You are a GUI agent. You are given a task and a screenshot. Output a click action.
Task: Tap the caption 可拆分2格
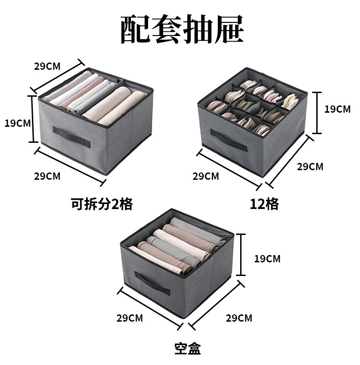coord(102,203)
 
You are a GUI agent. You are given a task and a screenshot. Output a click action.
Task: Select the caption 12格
coord(264,204)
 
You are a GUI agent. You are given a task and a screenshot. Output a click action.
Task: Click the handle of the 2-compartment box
coord(72,136)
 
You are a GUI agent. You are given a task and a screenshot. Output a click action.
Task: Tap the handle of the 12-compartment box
coord(228,141)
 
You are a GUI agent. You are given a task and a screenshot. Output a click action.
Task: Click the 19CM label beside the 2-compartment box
coord(17,123)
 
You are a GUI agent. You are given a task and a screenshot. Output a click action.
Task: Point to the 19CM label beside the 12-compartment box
coord(338,109)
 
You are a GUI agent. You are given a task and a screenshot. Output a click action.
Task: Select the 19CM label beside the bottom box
coord(267,259)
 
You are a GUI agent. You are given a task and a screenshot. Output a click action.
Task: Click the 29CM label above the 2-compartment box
coord(47,66)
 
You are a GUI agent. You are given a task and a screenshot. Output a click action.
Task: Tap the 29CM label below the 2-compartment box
coord(47,176)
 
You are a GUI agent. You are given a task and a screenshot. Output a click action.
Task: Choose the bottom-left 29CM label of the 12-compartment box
coord(206,176)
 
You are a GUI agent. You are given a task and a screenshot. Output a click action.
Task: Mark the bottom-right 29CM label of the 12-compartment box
coord(310,167)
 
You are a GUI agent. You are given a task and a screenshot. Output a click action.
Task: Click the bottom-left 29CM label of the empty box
coord(129,318)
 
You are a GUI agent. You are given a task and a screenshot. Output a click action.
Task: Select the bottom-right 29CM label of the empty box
coord(239,318)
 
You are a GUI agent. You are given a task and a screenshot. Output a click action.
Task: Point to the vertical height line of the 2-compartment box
coord(33,119)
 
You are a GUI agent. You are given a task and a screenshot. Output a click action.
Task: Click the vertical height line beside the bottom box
coord(241,255)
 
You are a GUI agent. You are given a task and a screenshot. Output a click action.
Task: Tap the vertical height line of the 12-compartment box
coord(313,112)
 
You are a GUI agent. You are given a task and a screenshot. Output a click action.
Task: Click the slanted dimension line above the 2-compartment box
coord(57,75)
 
